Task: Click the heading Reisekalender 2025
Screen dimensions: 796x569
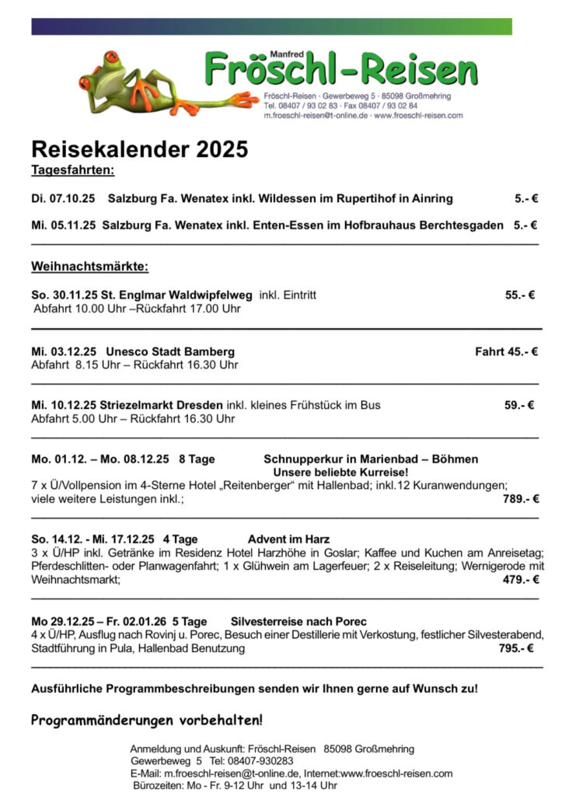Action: click(139, 148)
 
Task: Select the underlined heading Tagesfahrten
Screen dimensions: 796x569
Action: click(73, 169)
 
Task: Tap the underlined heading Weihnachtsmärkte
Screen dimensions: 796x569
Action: click(89, 267)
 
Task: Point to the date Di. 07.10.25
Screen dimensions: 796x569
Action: click(63, 199)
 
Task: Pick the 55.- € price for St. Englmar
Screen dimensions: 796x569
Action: click(519, 295)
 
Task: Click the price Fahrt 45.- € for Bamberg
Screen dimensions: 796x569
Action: click(506, 351)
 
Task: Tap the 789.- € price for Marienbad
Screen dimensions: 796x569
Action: click(520, 499)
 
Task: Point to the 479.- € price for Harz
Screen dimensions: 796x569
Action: click(520, 579)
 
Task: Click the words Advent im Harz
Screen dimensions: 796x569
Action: click(288, 539)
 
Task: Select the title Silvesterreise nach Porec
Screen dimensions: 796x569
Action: click(298, 622)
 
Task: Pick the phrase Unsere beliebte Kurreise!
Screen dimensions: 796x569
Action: click(340, 472)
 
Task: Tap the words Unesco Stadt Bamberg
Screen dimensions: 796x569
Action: click(170, 351)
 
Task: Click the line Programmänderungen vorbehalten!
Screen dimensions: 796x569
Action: click(147, 720)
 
